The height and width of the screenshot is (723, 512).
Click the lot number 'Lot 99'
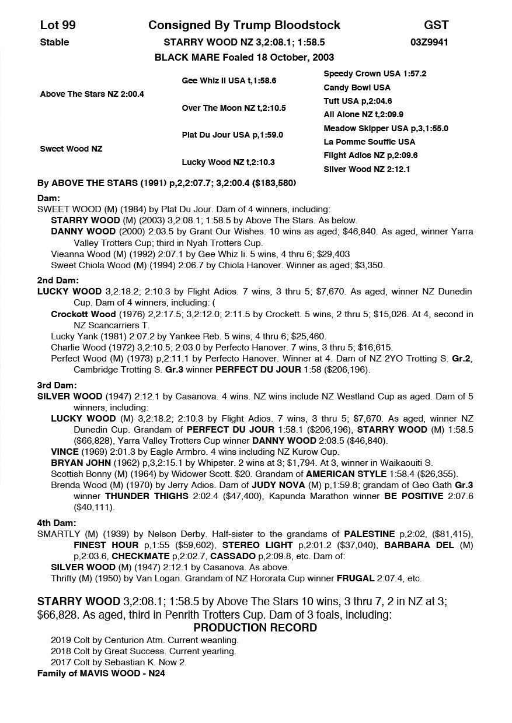point(58,25)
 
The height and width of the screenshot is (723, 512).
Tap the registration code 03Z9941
point(429,42)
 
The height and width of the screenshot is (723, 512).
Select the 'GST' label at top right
point(436,25)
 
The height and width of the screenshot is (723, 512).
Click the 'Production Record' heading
point(255,627)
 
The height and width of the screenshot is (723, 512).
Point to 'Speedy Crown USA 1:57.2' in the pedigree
point(375,74)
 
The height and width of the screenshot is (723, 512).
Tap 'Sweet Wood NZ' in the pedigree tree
point(71,149)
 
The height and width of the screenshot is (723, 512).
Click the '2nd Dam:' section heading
point(58,280)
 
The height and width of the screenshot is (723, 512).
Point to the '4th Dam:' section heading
point(57,523)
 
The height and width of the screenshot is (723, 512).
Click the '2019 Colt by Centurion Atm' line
point(144,640)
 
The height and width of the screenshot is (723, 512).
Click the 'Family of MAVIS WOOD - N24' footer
point(104,673)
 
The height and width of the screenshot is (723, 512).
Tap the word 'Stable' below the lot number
point(54,42)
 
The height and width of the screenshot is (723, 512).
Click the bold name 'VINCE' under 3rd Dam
point(65,451)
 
